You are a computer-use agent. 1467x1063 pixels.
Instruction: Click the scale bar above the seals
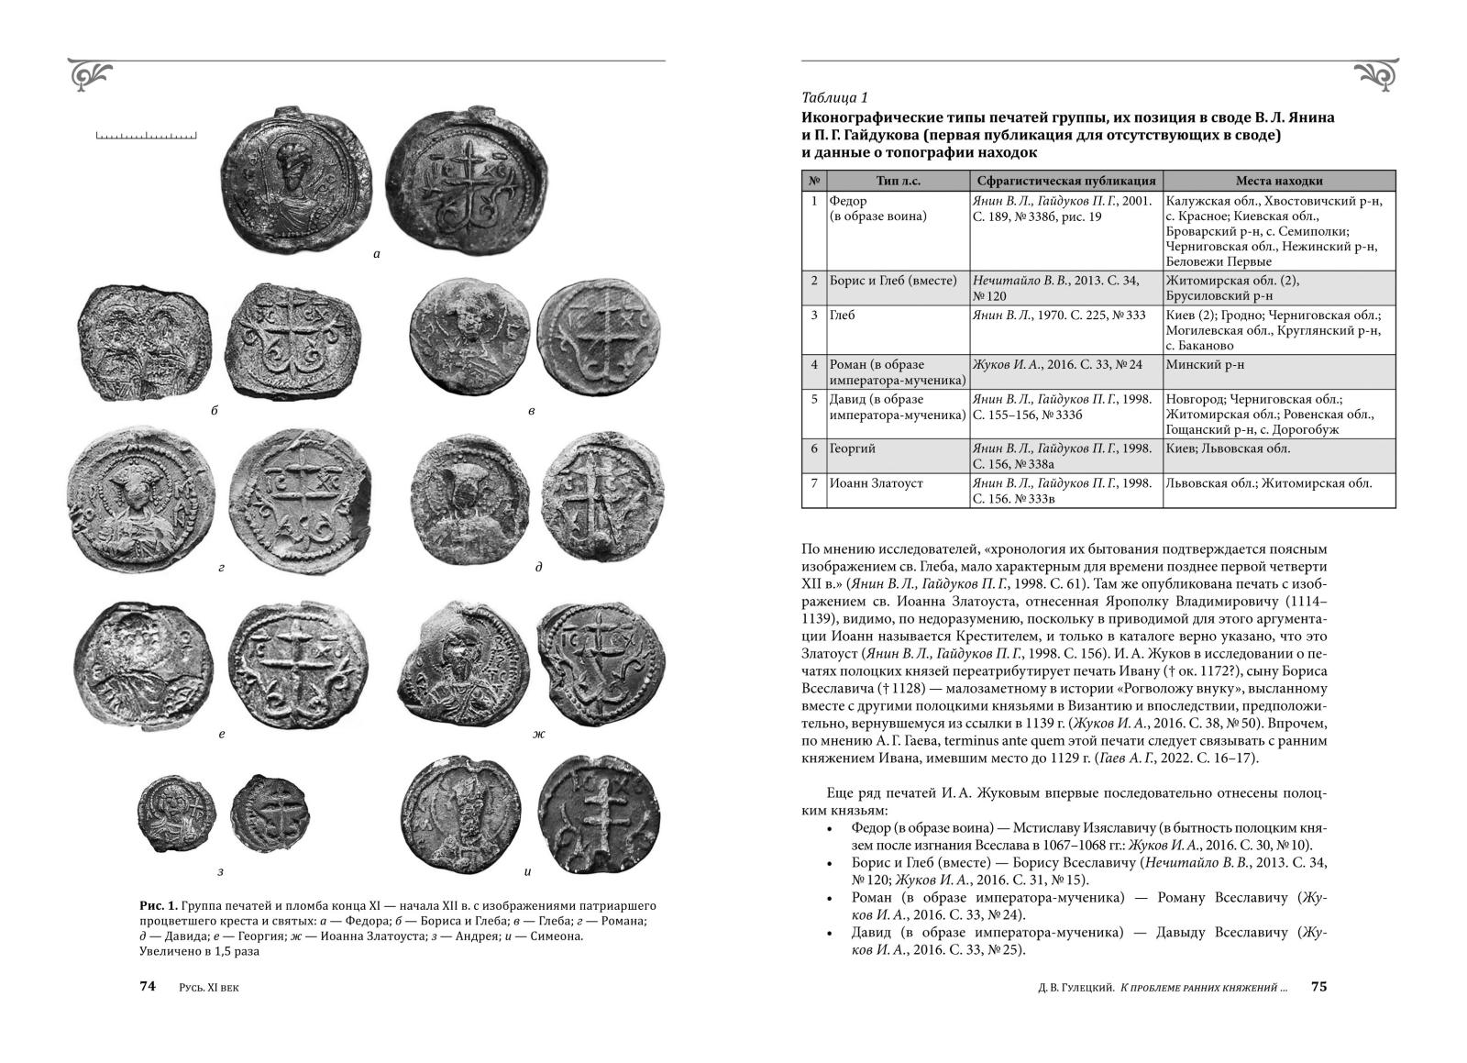(x=146, y=137)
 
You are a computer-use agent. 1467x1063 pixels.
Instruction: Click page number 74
(x=149, y=987)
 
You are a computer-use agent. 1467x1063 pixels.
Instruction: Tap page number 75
(x=1318, y=987)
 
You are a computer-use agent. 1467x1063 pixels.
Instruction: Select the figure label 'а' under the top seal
(x=377, y=254)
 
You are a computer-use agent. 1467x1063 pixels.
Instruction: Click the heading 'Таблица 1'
(x=833, y=98)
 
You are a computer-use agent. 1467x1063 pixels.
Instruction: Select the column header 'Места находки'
(x=1278, y=181)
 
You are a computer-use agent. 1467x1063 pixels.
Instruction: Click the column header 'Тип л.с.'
(x=897, y=181)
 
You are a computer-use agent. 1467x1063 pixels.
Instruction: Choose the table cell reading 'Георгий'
(x=854, y=448)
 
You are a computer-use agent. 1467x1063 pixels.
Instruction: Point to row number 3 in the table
(x=813, y=316)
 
